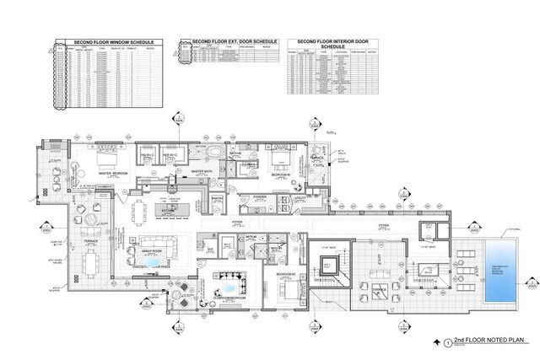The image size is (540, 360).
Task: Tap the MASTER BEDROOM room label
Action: (112, 174)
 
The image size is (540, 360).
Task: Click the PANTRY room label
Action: (217, 199)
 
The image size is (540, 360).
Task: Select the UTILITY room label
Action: (300, 197)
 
